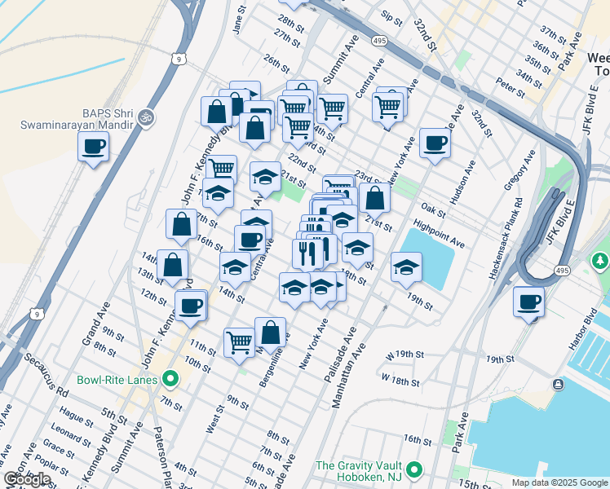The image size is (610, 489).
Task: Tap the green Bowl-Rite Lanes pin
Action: pyautogui.click(x=170, y=379)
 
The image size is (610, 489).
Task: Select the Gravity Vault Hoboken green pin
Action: pyautogui.click(x=414, y=469)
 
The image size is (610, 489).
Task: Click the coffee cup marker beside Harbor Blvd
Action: pyautogui.click(x=528, y=302)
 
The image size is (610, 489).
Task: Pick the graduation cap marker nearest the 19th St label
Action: pyautogui.click(x=405, y=268)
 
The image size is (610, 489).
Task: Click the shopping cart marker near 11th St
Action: pyautogui.click(x=239, y=341)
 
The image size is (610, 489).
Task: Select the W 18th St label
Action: pyautogui.click(x=400, y=381)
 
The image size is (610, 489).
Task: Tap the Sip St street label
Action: pyautogui.click(x=391, y=16)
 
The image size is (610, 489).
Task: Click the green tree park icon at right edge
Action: pyautogui.click(x=600, y=261)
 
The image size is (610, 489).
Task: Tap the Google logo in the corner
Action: pyautogui.click(x=28, y=479)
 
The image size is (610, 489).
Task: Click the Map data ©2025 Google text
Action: pyautogui.click(x=559, y=482)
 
